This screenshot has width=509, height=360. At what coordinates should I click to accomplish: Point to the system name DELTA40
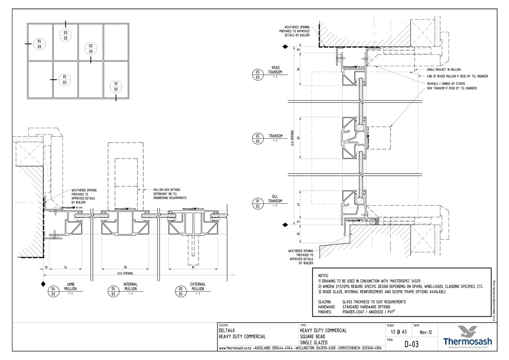227,330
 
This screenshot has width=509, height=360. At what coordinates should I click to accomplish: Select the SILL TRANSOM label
275,200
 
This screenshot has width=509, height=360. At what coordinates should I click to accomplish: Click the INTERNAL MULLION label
130,287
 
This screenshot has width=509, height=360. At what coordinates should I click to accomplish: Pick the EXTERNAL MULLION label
198,287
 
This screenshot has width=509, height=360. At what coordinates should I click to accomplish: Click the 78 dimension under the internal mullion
125,267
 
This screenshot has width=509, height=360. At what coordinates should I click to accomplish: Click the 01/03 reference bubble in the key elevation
116,86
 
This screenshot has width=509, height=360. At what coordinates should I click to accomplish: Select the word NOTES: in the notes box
323,276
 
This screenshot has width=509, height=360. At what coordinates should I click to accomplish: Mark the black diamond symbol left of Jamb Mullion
42,283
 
